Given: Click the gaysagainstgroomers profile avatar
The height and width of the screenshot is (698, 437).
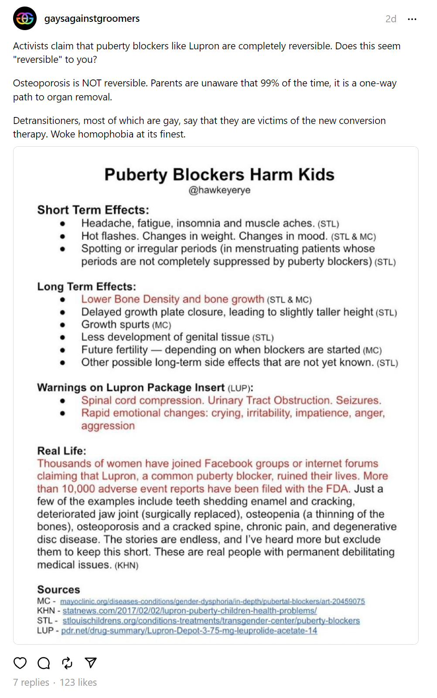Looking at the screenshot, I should click(25, 18).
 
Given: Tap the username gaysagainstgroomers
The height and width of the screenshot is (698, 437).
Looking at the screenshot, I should click(92, 19).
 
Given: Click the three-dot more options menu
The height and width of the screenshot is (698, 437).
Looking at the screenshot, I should click(412, 19).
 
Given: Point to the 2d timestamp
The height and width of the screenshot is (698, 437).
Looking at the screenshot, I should click(390, 19).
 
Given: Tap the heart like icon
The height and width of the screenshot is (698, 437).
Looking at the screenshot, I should click(20, 663).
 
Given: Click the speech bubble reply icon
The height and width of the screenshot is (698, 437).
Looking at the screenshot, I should click(44, 663).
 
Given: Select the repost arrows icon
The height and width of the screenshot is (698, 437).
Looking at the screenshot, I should click(67, 663).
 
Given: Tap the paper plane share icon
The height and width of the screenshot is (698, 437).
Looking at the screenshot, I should click(91, 663).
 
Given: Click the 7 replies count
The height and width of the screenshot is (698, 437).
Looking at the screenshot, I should click(31, 682).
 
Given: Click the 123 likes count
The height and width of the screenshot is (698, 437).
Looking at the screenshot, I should click(78, 682).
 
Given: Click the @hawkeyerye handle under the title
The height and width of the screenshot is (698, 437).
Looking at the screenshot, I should click(219, 190).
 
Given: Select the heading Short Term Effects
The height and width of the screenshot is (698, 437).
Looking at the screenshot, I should click(93, 210).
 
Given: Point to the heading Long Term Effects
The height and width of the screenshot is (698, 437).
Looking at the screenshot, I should click(86, 287).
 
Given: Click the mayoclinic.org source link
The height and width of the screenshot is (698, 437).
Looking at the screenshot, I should click(212, 602).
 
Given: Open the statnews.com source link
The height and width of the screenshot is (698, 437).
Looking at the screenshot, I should click(189, 611).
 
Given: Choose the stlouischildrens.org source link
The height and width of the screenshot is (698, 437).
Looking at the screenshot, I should click(211, 621).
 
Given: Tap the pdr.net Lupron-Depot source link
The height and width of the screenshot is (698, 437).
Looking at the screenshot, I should click(189, 631).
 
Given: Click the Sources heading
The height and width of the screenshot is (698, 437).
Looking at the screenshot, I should click(58, 590).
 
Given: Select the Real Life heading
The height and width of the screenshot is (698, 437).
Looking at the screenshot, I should click(61, 451).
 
